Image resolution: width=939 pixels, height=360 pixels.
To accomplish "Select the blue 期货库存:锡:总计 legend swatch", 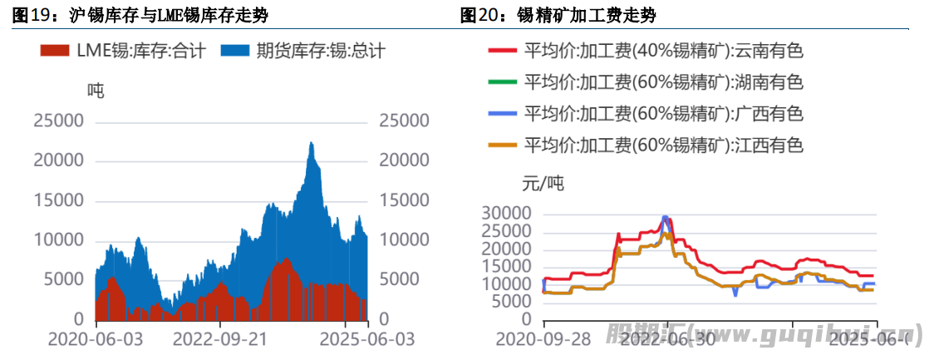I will (x=235, y=51).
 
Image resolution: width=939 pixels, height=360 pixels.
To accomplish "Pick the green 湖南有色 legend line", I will (x=502, y=82).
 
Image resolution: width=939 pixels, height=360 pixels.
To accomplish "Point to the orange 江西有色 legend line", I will (x=502, y=145).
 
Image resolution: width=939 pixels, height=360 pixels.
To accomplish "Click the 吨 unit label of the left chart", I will (x=97, y=91).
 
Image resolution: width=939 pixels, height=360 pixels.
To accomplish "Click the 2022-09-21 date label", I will (x=220, y=340).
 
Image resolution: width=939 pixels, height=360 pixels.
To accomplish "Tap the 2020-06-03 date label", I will (x=95, y=340).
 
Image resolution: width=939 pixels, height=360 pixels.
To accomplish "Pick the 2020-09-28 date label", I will (x=543, y=340).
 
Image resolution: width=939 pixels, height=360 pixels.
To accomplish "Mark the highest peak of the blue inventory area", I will (x=311, y=143).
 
